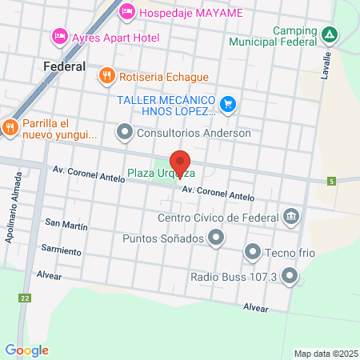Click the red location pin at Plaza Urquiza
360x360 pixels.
[180, 162]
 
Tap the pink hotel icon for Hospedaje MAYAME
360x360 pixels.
[126, 12]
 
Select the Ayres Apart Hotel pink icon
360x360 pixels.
[59, 36]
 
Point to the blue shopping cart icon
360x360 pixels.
[228, 102]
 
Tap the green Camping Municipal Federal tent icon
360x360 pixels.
[330, 34]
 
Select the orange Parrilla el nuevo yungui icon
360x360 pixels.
[10, 126]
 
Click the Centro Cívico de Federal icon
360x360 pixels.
[290, 217]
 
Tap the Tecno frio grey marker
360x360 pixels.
[253, 253]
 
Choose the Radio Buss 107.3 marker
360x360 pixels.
[289, 277]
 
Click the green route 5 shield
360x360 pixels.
[331, 182]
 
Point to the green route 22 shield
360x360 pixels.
[26, 298]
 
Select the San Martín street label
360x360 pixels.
[66, 224]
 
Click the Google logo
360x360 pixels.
[26, 350]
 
